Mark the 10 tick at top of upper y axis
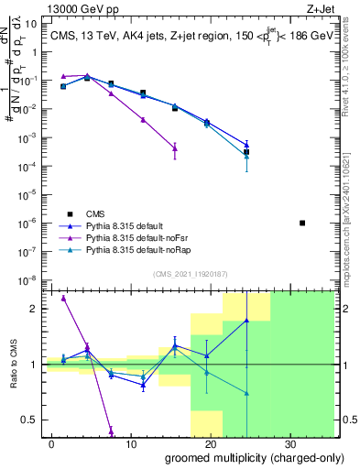coord(33,24)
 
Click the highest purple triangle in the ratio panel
coord(63,298)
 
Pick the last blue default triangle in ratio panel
coord(246,321)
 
